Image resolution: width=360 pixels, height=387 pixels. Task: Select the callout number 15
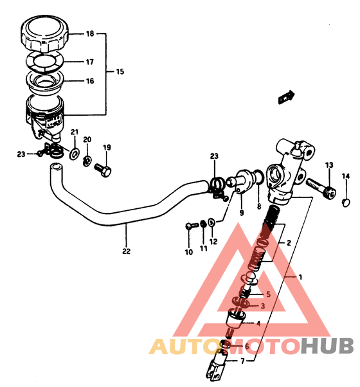tap(120, 71)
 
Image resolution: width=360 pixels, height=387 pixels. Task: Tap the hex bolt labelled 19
tap(103, 170)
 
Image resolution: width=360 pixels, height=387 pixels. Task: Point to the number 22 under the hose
tap(126, 251)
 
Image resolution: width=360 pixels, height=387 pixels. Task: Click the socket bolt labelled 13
tap(321, 189)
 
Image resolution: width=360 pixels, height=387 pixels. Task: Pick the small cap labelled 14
tap(346, 203)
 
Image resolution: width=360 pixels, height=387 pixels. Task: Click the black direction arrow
tap(286, 97)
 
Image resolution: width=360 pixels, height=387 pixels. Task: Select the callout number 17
tap(90, 62)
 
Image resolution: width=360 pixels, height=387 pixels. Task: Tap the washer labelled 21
tap(75, 154)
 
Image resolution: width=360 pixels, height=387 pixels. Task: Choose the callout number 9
tap(242, 213)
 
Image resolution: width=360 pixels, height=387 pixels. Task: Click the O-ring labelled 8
tap(258, 177)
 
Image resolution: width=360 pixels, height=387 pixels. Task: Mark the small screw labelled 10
tap(192, 226)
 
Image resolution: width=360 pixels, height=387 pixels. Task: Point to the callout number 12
tap(213, 242)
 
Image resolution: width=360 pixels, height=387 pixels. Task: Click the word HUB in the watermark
tap(327, 346)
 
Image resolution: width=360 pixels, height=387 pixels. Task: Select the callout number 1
tap(300, 277)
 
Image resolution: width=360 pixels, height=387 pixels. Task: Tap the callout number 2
tap(289, 243)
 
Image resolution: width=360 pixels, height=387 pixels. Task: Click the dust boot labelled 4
tap(236, 319)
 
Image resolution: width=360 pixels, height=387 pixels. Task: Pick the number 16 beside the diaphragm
tap(90, 81)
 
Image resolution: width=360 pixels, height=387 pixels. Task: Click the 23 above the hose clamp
tap(214, 156)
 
